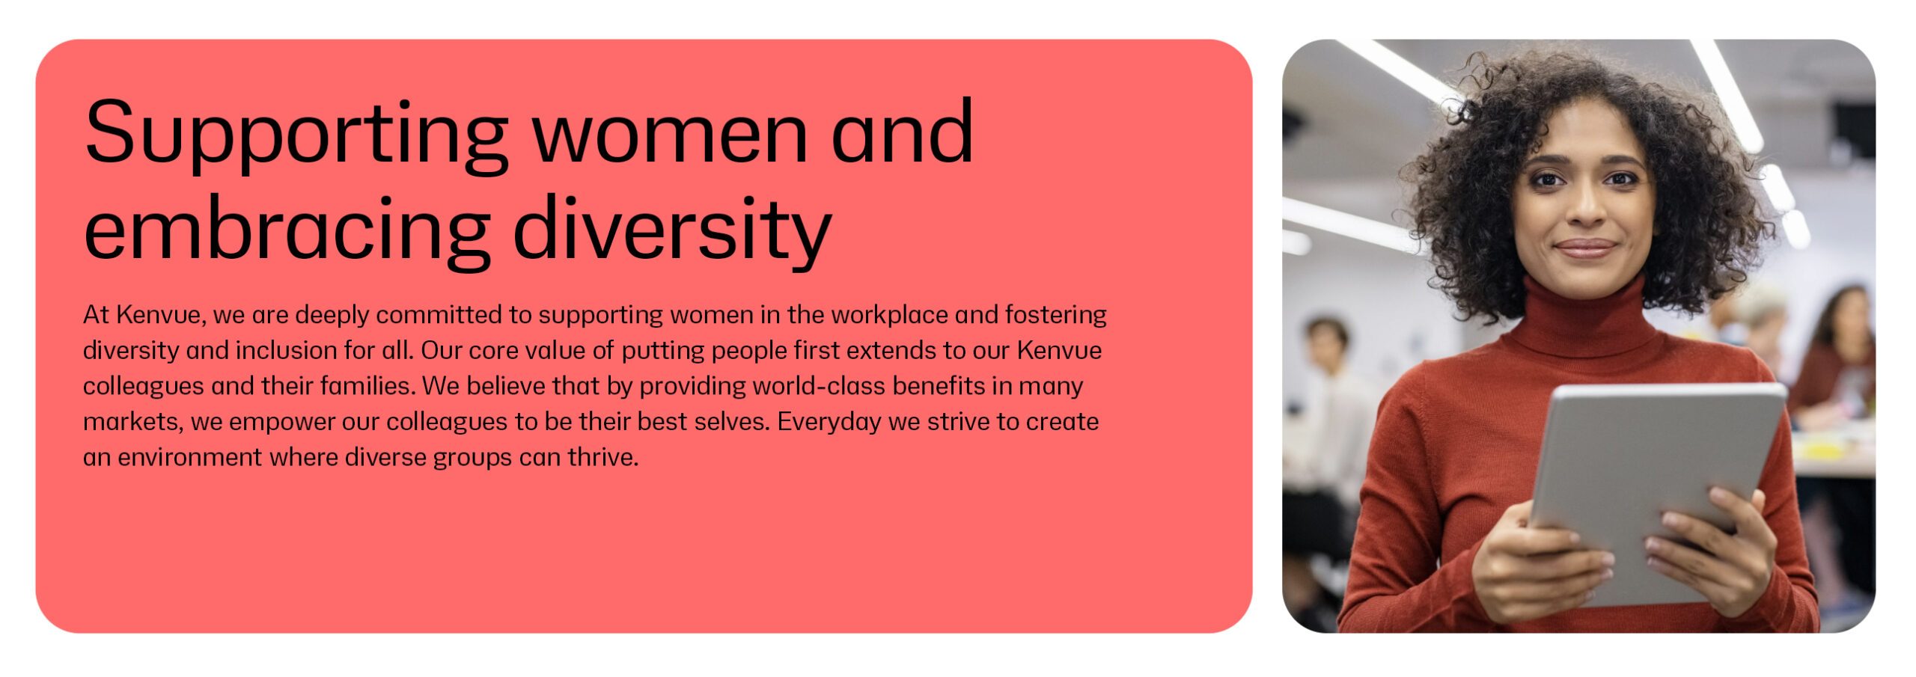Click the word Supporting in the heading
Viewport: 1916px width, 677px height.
[296, 135]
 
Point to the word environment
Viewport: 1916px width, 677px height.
[189, 458]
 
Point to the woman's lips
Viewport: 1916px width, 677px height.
[1585, 248]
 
